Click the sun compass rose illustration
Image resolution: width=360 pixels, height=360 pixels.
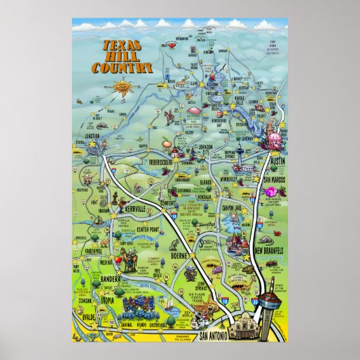122,88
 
